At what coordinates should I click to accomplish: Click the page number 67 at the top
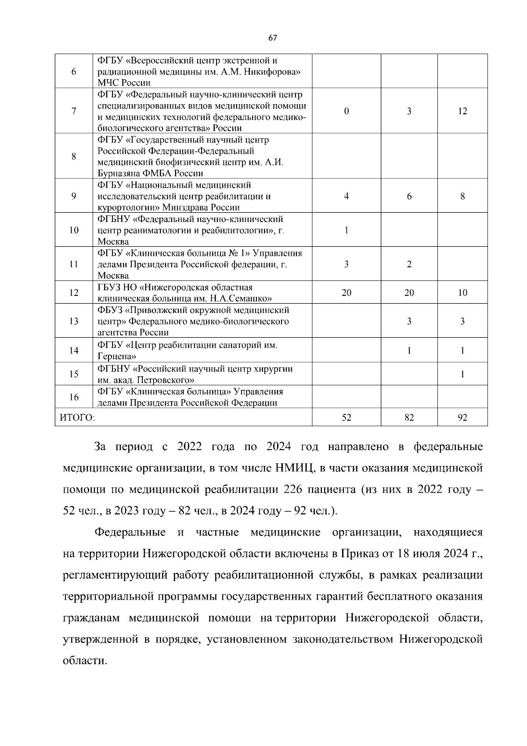click(272, 38)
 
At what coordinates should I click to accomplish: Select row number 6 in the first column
click(73, 72)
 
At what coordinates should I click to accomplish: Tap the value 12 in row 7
click(462, 111)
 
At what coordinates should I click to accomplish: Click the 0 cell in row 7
click(347, 111)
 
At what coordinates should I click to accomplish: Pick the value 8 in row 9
click(462, 197)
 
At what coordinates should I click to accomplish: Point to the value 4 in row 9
click(347, 197)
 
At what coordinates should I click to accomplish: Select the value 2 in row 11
click(409, 264)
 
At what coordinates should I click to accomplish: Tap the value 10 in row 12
click(462, 293)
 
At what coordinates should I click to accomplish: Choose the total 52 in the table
click(347, 418)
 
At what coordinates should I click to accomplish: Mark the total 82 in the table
click(409, 418)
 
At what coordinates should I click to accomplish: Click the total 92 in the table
click(462, 418)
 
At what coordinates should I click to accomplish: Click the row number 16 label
click(73, 397)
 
